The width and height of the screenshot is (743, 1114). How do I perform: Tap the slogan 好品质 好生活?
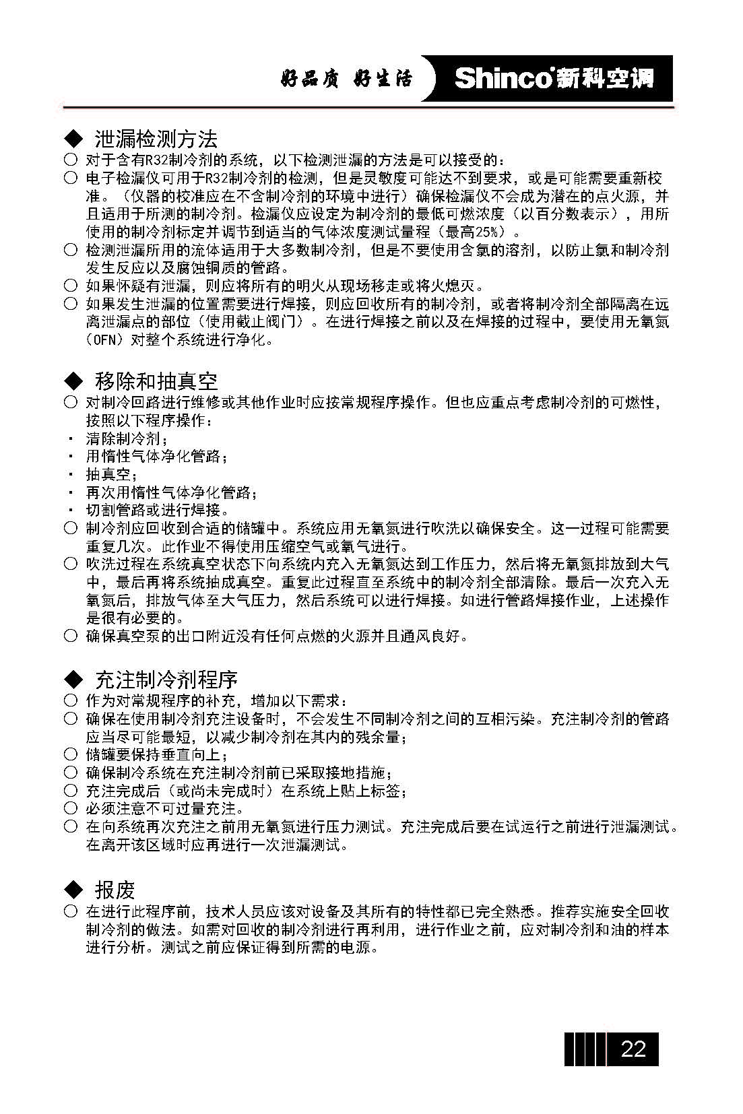pyautogui.click(x=346, y=79)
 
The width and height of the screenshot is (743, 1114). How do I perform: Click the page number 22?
pyautogui.click(x=633, y=1049)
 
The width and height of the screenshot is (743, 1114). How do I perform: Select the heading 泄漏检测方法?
pyautogui.click(x=156, y=139)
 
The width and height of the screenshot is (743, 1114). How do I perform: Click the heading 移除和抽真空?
pyautogui.click(x=156, y=381)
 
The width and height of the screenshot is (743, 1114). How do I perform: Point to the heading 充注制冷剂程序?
pyautogui.click(x=166, y=679)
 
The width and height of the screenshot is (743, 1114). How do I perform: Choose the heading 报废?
pyautogui.click(x=115, y=890)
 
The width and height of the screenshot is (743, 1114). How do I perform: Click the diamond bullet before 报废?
pyautogui.click(x=72, y=890)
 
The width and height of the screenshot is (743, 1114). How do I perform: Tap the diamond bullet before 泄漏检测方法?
pyautogui.click(x=72, y=139)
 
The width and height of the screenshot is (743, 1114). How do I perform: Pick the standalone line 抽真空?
pyautogui.click(x=112, y=475)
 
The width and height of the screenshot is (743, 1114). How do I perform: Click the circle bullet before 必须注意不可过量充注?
pyautogui.click(x=71, y=808)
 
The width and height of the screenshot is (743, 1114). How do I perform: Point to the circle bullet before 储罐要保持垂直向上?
pyautogui.click(x=71, y=754)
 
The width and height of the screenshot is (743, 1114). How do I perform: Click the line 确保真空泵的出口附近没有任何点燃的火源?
pyautogui.click(x=277, y=636)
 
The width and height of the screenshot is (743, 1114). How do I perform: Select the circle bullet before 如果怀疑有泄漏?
pyautogui.click(x=71, y=286)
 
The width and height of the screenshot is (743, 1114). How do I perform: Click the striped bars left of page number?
pyautogui.click(x=584, y=1049)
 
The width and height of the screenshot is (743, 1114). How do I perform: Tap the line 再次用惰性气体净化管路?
pyautogui.click(x=171, y=493)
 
